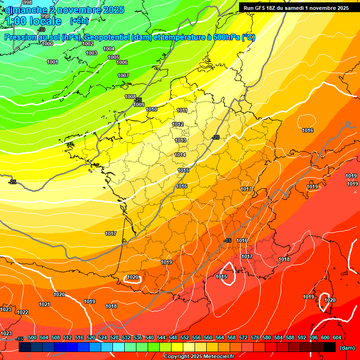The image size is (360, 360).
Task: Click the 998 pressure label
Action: tap(28, 3)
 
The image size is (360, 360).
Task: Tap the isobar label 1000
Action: tap(47, 44)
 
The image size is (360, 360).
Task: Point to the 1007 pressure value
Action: tap(123, 75)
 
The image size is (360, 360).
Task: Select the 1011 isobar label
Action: tap(182, 111)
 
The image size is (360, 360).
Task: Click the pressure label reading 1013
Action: tap(180, 140)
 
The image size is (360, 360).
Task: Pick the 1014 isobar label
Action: tap(180, 155)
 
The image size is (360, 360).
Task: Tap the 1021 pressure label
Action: tap(45, 304)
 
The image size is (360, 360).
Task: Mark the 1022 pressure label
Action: tap(22, 312)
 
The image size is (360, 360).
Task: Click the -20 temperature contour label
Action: tap(216, 137)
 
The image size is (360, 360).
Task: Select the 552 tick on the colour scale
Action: tap(185, 337)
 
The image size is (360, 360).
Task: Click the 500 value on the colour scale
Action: tap(32, 337)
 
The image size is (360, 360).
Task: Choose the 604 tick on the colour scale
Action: tap(337, 337)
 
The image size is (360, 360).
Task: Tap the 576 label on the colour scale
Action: tap(255, 337)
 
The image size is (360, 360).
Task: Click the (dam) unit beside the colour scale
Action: tap(347, 348)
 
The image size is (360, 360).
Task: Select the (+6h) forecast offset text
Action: tap(79, 21)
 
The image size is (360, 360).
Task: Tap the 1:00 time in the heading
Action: tap(16, 21)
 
